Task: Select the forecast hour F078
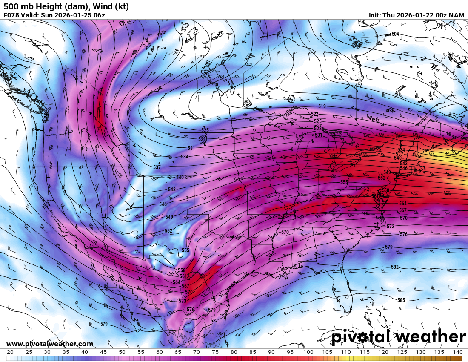[x=11, y=15]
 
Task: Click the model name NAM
[x=457, y=15]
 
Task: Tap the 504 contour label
[x=395, y=34]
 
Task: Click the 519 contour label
[x=322, y=106]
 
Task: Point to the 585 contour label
[x=401, y=300]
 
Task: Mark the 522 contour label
[x=314, y=114]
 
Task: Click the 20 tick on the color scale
[x=10, y=352]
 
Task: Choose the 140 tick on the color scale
[x=457, y=352]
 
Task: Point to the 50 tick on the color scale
[x=122, y=352]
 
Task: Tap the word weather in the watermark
[x=430, y=337]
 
